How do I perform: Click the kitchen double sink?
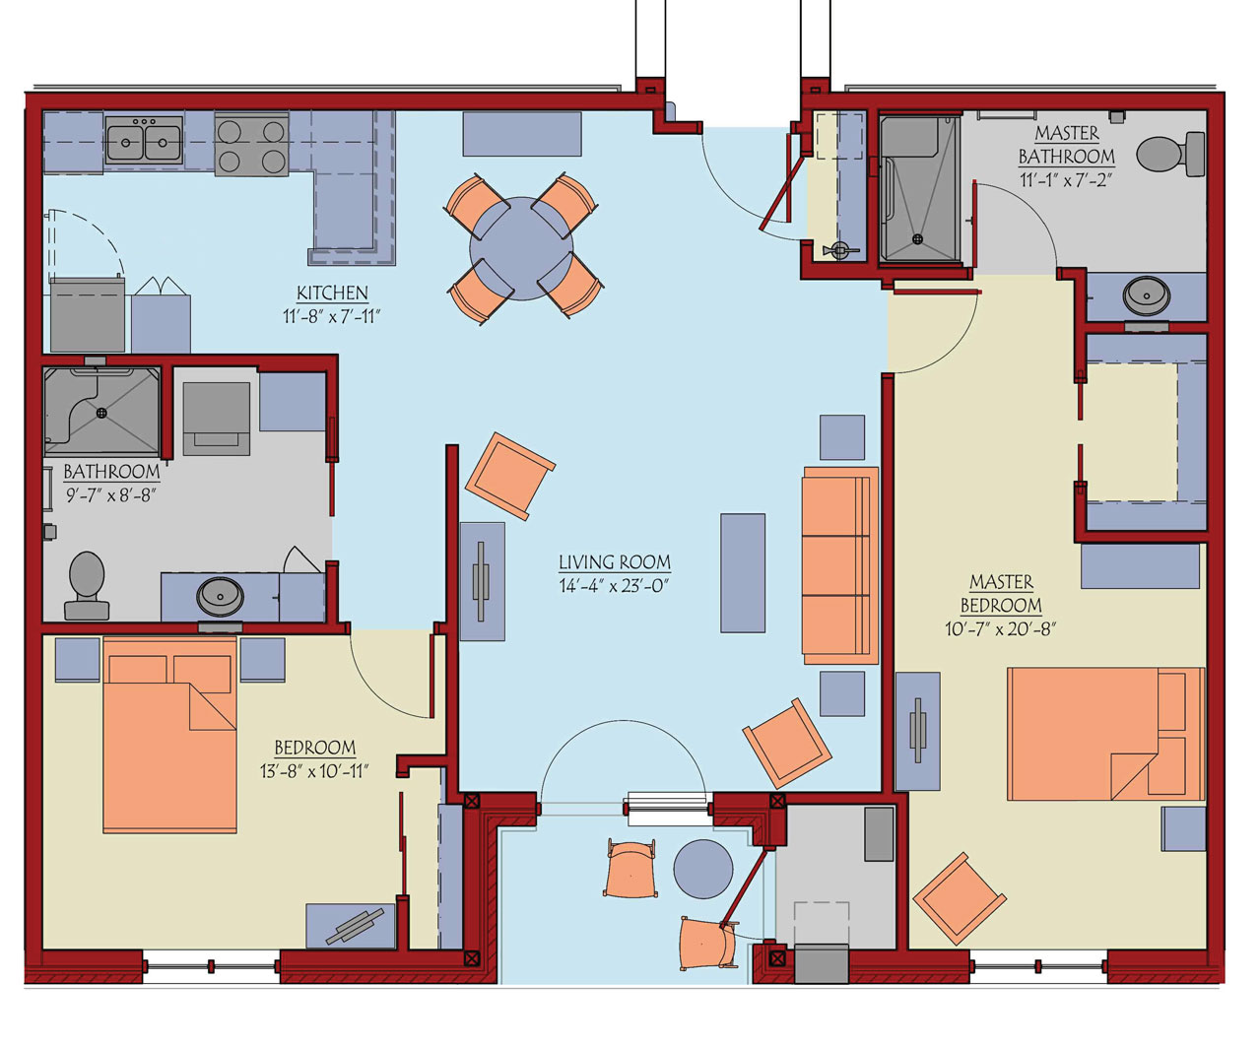pyautogui.click(x=144, y=140)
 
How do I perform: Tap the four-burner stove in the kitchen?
pyautogui.click(x=251, y=145)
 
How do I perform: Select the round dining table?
pyautogui.click(x=522, y=248)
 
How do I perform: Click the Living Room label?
pyautogui.click(x=615, y=562)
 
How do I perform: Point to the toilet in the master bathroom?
pyautogui.click(x=1170, y=154)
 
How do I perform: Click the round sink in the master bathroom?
pyautogui.click(x=1146, y=295)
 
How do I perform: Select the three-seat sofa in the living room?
pyautogui.click(x=839, y=565)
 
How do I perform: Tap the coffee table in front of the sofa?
pyautogui.click(x=743, y=573)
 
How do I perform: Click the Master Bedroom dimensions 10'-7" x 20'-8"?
pyautogui.click(x=1001, y=629)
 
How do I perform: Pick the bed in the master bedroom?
pyautogui.click(x=1105, y=734)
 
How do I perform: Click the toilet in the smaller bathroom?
pyautogui.click(x=87, y=585)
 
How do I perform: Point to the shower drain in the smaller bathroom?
pyautogui.click(x=101, y=413)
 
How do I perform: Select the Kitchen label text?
pyautogui.click(x=332, y=294)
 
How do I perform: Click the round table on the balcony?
pyautogui.click(x=703, y=870)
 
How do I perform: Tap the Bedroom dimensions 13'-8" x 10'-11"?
pyautogui.click(x=314, y=771)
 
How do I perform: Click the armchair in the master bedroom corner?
pyautogui.click(x=960, y=898)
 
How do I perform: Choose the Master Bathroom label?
pyautogui.click(x=1066, y=145)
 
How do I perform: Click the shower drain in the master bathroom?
pyautogui.click(x=918, y=239)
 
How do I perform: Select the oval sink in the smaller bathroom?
pyautogui.click(x=220, y=597)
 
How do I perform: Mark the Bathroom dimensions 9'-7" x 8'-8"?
pyautogui.click(x=111, y=496)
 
